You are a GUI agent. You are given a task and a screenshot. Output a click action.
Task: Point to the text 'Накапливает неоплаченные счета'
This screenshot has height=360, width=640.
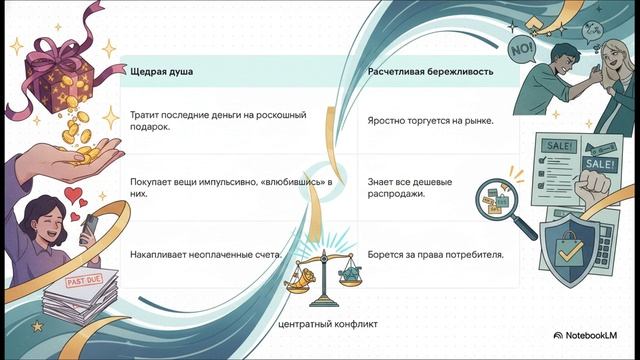tap(206, 255)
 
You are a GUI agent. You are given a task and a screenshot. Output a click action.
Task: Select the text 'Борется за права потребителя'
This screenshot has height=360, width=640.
tap(435, 255)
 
